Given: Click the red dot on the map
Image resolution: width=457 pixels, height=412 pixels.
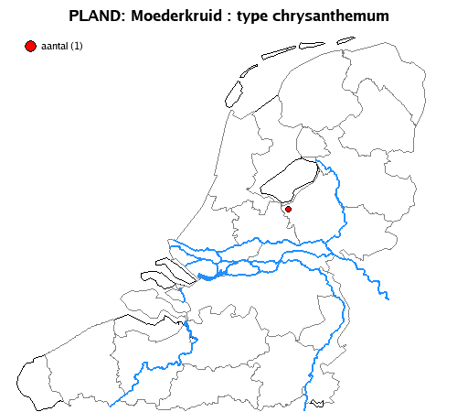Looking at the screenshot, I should point(288,210).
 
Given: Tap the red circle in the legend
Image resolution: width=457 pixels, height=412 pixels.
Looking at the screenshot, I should point(31,46).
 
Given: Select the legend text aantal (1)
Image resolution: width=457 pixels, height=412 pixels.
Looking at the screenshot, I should point(62,46).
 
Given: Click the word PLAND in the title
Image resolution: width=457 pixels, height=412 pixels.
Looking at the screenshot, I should point(94,16).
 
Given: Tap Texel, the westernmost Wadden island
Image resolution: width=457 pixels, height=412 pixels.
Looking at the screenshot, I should point(232,92).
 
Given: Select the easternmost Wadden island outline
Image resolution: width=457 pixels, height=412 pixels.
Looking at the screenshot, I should point(345,40).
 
